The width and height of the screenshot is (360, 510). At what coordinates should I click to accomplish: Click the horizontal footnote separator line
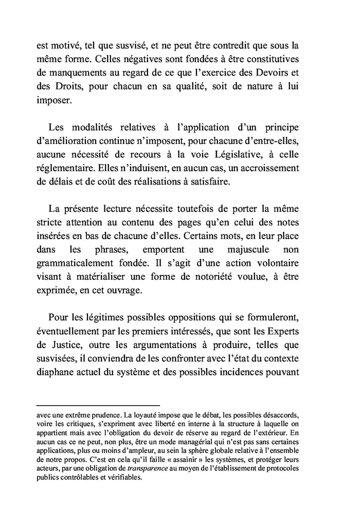pyautogui.click(x=98, y=406)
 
